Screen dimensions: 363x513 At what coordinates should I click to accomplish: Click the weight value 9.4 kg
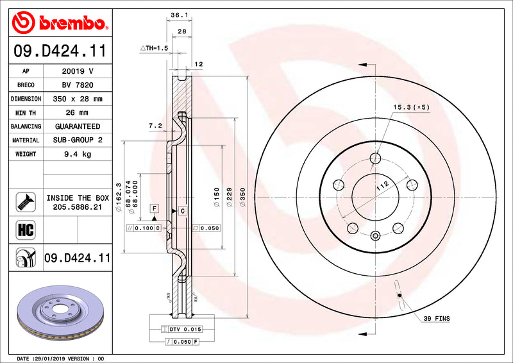pyautogui.click(x=78, y=154)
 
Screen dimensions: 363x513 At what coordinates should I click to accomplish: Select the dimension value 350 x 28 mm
pyautogui.click(x=78, y=99)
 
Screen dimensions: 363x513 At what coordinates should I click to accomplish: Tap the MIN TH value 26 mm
pyautogui.click(x=78, y=113)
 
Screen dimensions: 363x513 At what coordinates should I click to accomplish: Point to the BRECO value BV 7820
pyautogui.click(x=78, y=85)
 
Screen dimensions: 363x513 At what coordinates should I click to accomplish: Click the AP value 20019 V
pyautogui.click(x=78, y=71)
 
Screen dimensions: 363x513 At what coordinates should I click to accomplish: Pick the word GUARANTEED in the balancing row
pyautogui.click(x=78, y=126)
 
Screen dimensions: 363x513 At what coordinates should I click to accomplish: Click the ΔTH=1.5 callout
pyautogui.click(x=154, y=48)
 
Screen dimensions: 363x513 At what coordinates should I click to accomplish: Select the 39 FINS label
pyautogui.click(x=437, y=319)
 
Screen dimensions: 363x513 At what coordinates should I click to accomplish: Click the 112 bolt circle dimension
pyautogui.click(x=383, y=186)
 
